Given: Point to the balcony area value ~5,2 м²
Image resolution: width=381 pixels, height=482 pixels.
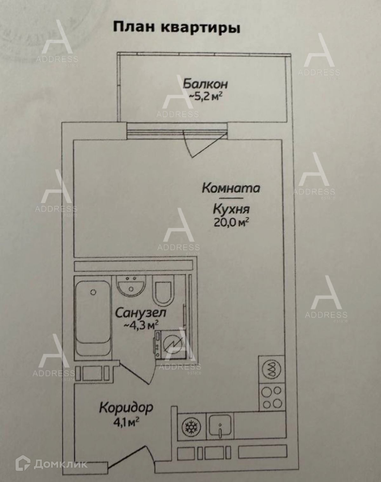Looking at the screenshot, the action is tap(205, 96).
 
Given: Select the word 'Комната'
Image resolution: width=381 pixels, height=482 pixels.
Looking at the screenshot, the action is tap(231, 188).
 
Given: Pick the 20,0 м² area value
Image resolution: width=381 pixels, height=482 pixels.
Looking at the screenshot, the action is tap(231, 222).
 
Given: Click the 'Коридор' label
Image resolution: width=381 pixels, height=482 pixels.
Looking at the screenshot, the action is tap(126, 408).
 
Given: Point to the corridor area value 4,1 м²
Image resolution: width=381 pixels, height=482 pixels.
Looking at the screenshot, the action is tap(126, 421).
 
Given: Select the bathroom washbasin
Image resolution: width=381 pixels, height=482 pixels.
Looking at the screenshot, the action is tap(131, 286).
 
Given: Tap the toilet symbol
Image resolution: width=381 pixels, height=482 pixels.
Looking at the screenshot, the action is tap(163, 290).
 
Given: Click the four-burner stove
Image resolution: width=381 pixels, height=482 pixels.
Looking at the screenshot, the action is tap(272, 396).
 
